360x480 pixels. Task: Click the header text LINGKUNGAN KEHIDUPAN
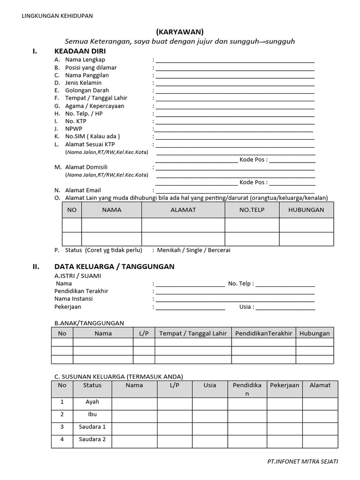click(x=58, y=16)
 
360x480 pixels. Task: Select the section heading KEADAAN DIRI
click(x=80, y=51)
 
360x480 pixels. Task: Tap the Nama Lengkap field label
click(x=85, y=60)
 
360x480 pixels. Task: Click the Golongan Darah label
click(x=87, y=90)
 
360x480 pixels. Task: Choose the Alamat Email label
click(x=83, y=190)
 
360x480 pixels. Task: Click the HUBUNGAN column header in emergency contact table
click(x=307, y=210)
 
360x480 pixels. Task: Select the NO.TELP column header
click(x=252, y=210)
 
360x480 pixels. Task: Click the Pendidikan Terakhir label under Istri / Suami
click(x=81, y=291)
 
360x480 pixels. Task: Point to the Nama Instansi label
click(x=74, y=299)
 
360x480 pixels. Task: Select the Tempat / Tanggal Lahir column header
click(x=193, y=333)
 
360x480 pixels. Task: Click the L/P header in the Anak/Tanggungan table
click(x=143, y=333)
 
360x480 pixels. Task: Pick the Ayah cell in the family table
click(x=92, y=402)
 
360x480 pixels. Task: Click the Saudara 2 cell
click(x=92, y=440)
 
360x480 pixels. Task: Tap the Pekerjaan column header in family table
click(x=285, y=385)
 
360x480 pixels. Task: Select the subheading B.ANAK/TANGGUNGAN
click(x=89, y=323)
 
